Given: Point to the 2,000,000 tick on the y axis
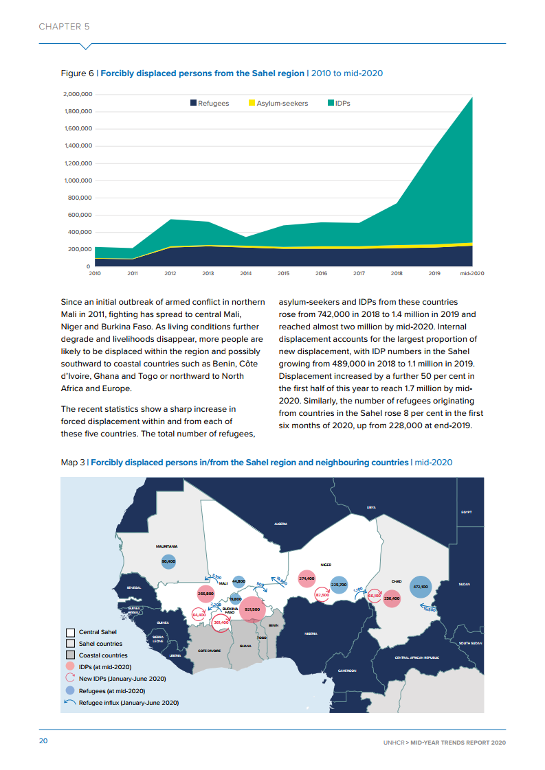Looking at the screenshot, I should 77,94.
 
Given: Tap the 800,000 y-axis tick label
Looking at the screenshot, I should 79,198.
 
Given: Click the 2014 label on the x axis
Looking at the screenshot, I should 245,273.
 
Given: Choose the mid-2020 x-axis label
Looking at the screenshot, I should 471,273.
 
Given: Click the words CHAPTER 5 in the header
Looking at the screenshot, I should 64,27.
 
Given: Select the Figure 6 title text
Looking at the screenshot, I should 222,73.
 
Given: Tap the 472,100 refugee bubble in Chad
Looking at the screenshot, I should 420,587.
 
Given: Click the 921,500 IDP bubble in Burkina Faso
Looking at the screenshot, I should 252,609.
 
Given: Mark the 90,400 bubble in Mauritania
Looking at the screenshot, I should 168,561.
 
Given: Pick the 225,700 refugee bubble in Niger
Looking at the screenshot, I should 338,585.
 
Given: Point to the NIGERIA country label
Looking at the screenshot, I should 311,633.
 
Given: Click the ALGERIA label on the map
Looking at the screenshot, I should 280,524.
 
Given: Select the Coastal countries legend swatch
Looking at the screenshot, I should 70,655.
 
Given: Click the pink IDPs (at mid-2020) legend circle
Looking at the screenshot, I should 70,666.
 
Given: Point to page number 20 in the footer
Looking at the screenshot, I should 43,741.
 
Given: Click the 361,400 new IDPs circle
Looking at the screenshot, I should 221,622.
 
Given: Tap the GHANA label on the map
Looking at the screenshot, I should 245,646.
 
